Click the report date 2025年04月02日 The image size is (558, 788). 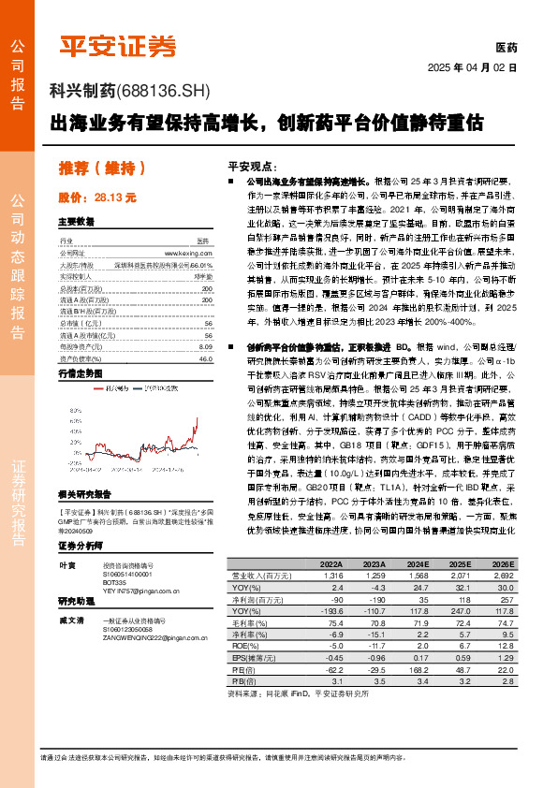pos(472,68)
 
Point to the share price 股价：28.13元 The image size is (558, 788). pos(97,198)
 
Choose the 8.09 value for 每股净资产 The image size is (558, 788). pos(206,346)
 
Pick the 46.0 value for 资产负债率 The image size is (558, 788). pos(206,358)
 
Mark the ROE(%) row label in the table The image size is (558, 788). pos(242,646)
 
